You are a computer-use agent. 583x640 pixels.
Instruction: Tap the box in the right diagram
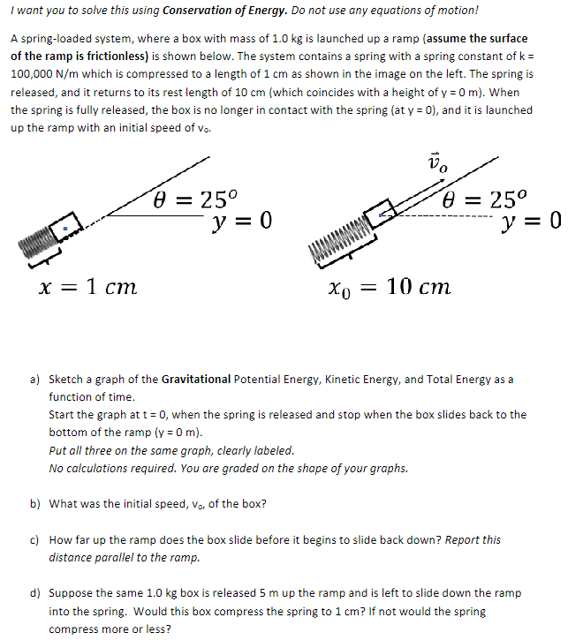(x=380, y=215)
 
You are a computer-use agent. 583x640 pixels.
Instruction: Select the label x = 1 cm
(x=87, y=287)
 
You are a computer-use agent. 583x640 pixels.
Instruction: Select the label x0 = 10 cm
(x=390, y=287)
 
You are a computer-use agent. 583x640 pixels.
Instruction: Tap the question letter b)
(x=35, y=504)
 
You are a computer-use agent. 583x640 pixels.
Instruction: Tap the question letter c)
(x=35, y=539)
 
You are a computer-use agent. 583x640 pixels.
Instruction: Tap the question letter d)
(x=35, y=593)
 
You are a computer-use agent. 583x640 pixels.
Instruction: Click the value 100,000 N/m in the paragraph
(x=43, y=75)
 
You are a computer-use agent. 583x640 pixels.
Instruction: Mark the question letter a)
(x=35, y=380)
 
